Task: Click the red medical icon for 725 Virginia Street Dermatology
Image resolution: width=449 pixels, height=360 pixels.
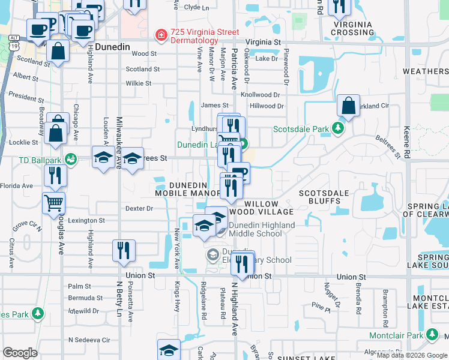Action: (161, 36)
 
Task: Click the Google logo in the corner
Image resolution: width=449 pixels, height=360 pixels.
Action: (20, 353)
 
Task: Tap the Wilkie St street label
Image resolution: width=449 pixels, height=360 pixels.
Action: (139, 83)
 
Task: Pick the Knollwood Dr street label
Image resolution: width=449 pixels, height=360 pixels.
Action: (260, 95)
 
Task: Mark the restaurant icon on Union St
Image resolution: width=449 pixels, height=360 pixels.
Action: (243, 262)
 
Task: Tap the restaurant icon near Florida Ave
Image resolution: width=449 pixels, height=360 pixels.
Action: (55, 175)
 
